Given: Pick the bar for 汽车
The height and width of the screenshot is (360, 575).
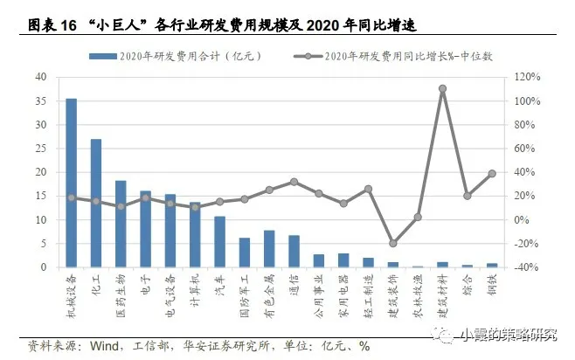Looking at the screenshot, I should click(219, 241).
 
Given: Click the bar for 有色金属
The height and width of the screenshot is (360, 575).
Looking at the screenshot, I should click(269, 248).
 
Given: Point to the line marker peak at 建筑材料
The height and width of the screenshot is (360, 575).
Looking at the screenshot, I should click(443, 88).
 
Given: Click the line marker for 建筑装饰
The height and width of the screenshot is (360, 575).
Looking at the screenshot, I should click(393, 244).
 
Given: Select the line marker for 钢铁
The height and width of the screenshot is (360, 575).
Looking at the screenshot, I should click(492, 173).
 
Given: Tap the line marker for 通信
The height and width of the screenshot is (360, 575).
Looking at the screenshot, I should click(294, 182).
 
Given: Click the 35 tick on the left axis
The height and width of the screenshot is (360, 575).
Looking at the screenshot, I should click(41, 100).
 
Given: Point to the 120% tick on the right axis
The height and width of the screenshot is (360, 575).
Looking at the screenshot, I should click(522, 77).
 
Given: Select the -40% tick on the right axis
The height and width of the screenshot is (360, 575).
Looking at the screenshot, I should click(522, 267).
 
